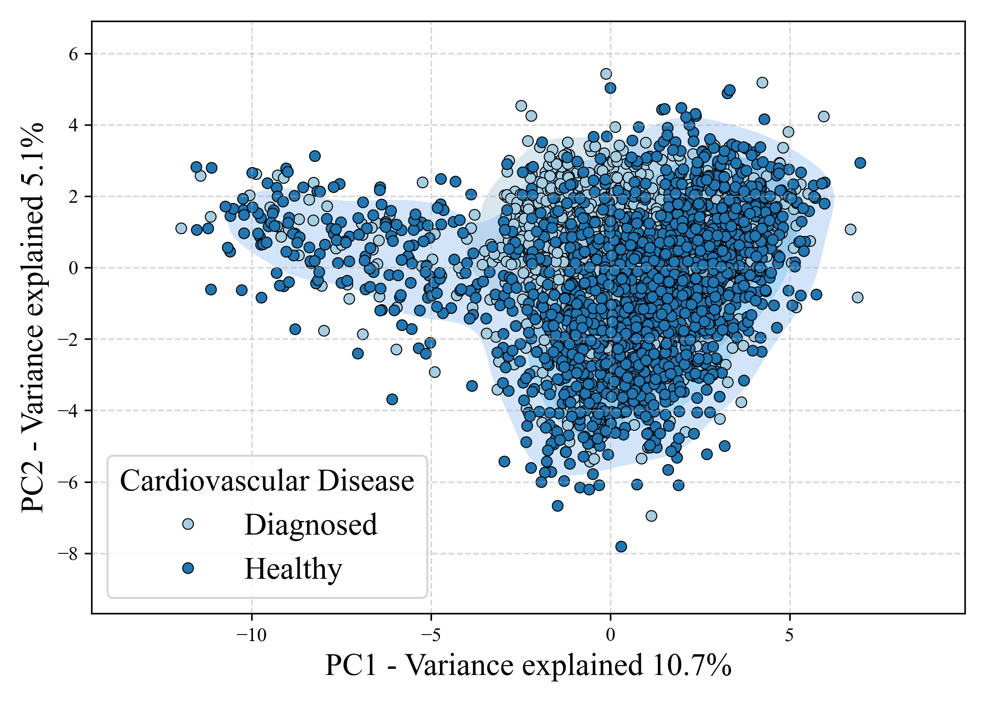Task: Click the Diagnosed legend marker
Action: click(x=188, y=524)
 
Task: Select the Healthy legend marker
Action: click(x=188, y=568)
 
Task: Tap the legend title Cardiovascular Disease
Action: click(x=267, y=481)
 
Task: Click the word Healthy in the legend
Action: click(x=293, y=569)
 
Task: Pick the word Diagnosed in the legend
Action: click(x=310, y=525)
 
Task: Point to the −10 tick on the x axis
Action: click(x=251, y=635)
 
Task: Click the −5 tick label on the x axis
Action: click(x=431, y=635)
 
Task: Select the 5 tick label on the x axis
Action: click(x=789, y=635)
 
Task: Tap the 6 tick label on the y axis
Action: click(x=73, y=54)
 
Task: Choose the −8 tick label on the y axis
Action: click(x=68, y=554)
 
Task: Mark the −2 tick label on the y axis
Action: click(x=68, y=339)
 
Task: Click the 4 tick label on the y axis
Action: click(x=73, y=125)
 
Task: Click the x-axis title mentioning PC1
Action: click(x=528, y=666)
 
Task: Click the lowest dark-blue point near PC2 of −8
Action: click(x=621, y=546)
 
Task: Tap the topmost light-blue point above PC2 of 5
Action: click(x=606, y=74)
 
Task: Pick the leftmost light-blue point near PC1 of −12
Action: click(x=181, y=229)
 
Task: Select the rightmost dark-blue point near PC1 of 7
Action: click(x=860, y=163)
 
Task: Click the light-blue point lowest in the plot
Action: click(x=651, y=516)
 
